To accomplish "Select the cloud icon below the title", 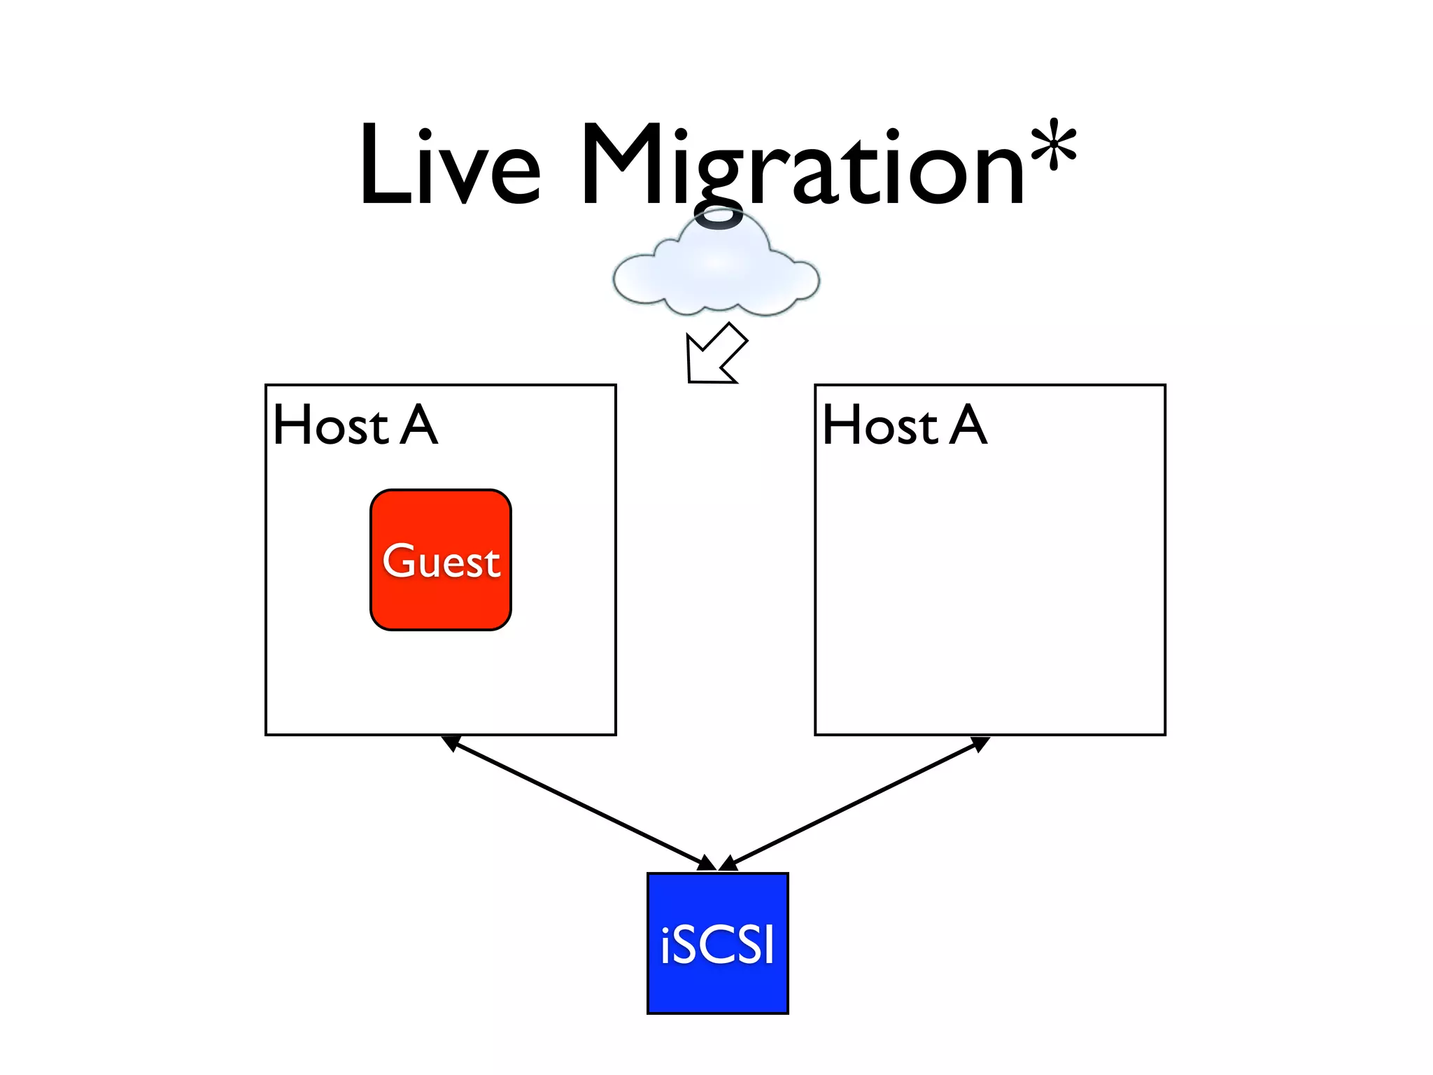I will click(x=716, y=269).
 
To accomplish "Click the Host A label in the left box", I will click(x=355, y=425).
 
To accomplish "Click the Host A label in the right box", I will click(x=905, y=425).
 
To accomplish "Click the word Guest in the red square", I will click(x=442, y=561).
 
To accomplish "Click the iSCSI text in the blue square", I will click(x=718, y=945).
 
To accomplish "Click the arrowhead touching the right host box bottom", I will click(x=981, y=743).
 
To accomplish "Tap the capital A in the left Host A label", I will click(x=419, y=425).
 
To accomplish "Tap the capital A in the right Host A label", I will click(x=969, y=425).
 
